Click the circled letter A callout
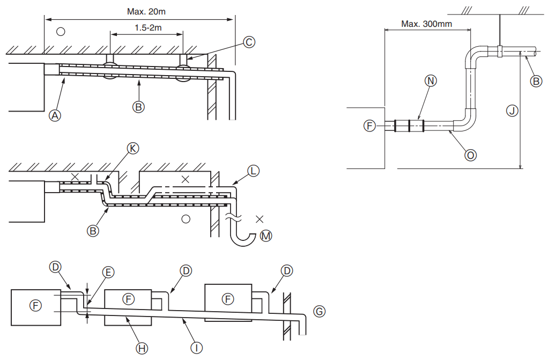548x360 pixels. tap(54, 114)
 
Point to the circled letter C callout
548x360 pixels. tap(248, 42)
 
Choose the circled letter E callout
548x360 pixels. tap(108, 273)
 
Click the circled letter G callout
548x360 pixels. tap(320, 311)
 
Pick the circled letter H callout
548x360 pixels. tap(142, 348)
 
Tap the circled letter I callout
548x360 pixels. tap(197, 348)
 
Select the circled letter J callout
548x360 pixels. tap(512, 111)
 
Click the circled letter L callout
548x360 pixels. tap(254, 171)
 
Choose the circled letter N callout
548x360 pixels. tap(431, 80)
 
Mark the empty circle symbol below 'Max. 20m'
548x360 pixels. tap(61, 32)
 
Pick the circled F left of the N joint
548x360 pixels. tap(368, 126)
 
